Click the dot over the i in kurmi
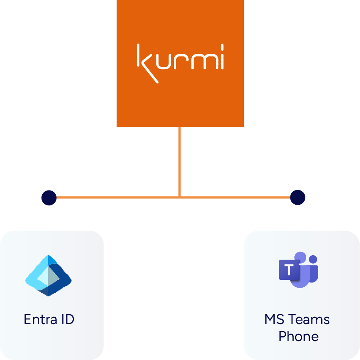click(222, 47)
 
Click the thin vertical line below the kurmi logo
click(179, 162)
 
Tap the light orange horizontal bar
click(174, 205)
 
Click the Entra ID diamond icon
click(48, 275)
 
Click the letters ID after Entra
click(68, 319)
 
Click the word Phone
click(298, 336)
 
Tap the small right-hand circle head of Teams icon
click(313, 259)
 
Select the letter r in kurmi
click(184, 61)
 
